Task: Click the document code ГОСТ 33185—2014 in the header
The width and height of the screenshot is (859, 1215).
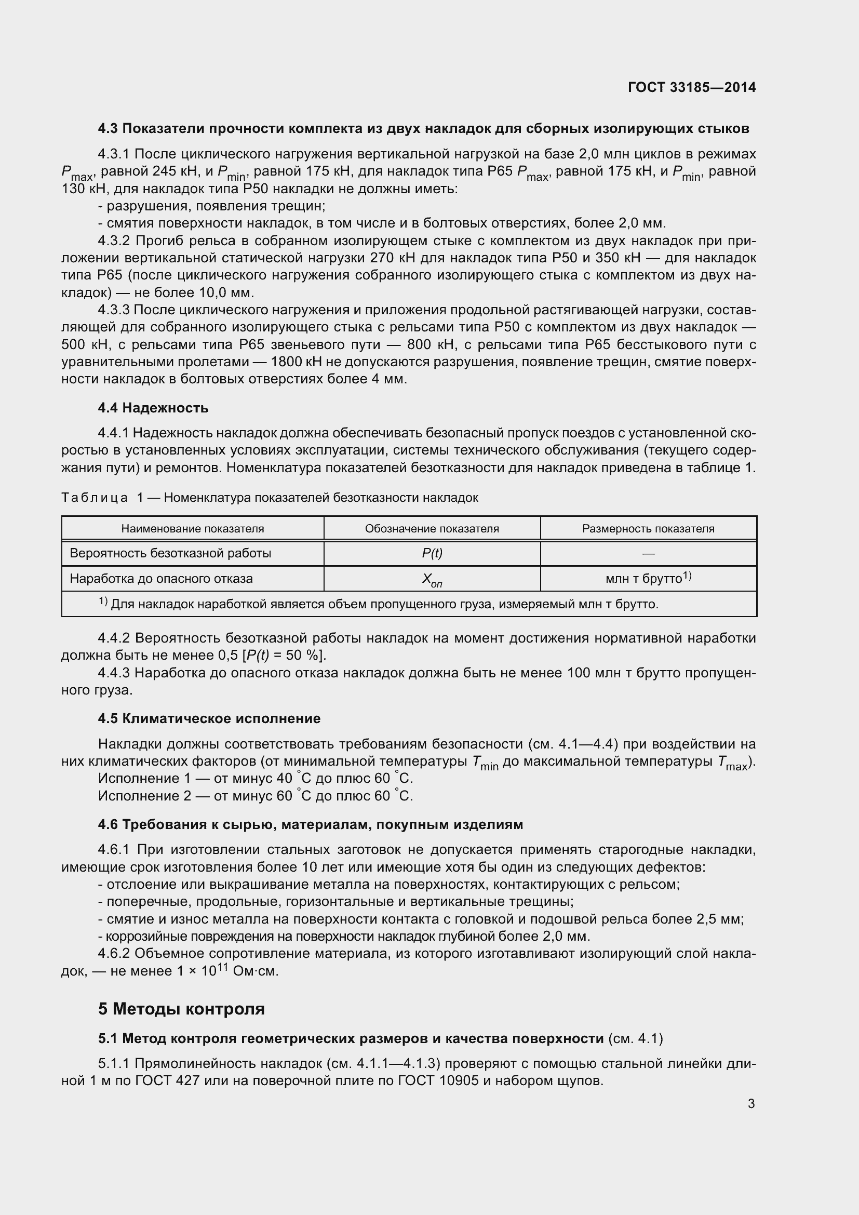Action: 691,87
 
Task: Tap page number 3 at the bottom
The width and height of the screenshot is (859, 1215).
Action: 751,1103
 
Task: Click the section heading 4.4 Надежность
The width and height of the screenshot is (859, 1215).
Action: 153,408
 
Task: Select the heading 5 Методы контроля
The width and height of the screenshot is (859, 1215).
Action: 181,1009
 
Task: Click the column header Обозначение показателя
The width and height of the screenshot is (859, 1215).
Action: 432,529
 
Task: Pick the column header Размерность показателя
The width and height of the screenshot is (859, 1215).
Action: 648,529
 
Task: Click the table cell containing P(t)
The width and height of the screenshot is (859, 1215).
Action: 432,554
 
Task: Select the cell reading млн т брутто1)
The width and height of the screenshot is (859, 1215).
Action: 648,578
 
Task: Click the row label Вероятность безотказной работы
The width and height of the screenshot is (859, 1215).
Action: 170,554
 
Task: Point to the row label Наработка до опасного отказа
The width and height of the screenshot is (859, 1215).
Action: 162,578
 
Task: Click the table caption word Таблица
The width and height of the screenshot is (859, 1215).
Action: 94,498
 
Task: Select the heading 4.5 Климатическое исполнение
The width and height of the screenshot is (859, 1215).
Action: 209,718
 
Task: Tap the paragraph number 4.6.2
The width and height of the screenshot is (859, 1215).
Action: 114,954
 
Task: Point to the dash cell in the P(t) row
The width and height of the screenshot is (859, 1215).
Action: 648,554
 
